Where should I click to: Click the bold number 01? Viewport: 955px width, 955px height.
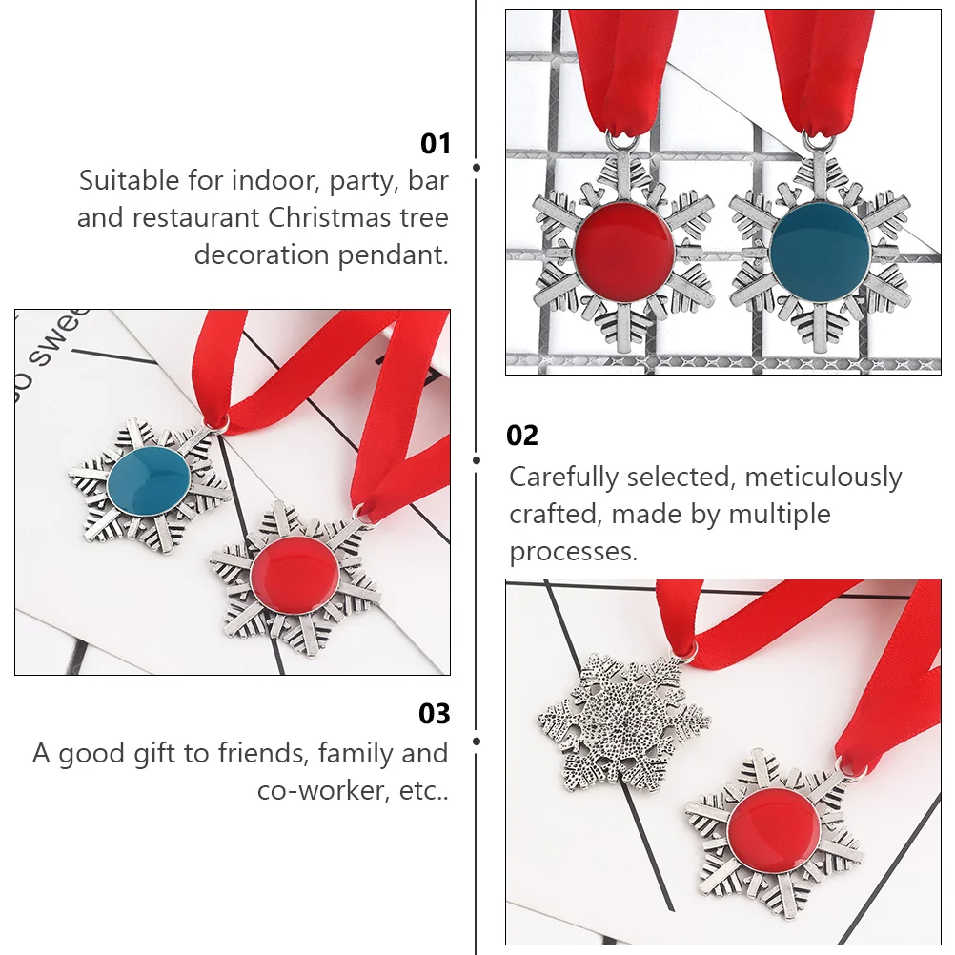tap(435, 144)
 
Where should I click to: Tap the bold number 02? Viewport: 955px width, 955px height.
tap(522, 436)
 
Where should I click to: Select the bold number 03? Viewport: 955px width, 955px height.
tap(435, 714)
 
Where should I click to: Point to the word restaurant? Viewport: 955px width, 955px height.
tap(196, 217)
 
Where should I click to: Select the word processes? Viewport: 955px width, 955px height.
tap(573, 551)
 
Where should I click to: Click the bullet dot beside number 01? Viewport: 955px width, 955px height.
tap(477, 167)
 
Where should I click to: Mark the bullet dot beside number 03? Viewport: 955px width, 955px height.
tap(477, 740)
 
